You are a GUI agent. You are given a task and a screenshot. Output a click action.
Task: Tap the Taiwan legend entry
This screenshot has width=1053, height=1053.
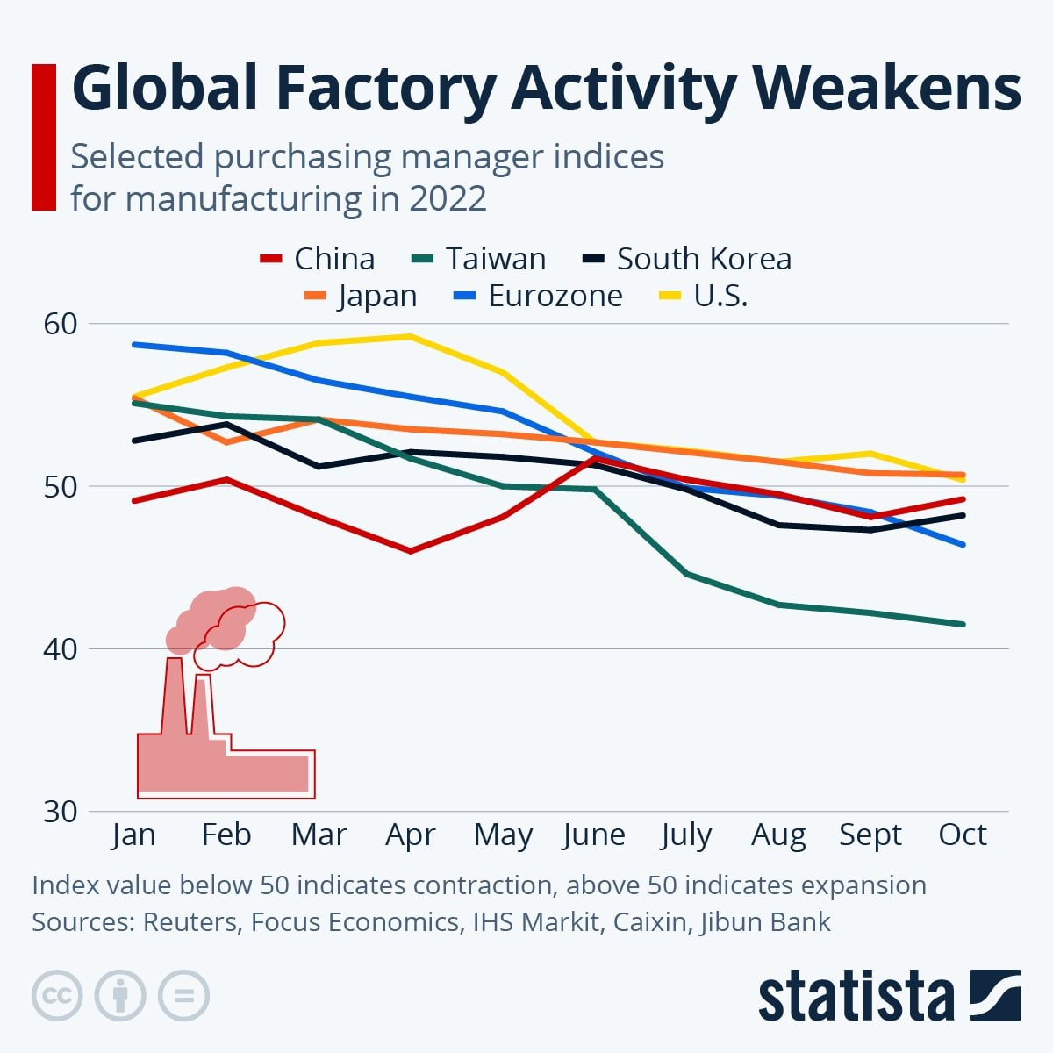tap(479, 259)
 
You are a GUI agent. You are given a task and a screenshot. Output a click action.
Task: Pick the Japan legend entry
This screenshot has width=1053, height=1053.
tap(360, 296)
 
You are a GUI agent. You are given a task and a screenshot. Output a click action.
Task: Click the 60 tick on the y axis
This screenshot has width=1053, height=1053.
tap(61, 324)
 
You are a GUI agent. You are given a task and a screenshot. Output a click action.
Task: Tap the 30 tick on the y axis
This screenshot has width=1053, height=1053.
tap(61, 812)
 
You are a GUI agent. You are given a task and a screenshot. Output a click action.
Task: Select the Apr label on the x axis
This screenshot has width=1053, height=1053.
tap(410, 835)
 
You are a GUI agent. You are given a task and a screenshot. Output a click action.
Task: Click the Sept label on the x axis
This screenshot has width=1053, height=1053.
tap(870, 835)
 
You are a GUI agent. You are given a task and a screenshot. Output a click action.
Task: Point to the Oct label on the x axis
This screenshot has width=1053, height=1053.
tap(963, 835)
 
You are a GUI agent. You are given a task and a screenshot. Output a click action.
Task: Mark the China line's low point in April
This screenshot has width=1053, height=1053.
tap(410, 551)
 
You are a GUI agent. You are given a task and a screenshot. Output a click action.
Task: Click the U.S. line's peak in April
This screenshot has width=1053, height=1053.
tap(410, 336)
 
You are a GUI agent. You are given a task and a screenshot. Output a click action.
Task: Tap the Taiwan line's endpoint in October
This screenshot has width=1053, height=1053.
tap(963, 624)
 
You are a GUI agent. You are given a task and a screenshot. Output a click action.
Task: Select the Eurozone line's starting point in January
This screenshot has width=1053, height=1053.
tap(134, 344)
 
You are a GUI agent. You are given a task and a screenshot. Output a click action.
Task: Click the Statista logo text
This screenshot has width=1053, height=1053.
tap(856, 997)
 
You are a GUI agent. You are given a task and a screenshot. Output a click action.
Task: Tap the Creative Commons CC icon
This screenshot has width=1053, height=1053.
tap(57, 996)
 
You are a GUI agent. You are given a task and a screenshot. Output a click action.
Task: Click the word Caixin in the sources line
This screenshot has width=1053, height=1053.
tap(638, 922)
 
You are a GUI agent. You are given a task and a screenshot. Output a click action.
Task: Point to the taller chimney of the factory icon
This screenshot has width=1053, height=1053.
tap(174, 693)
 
